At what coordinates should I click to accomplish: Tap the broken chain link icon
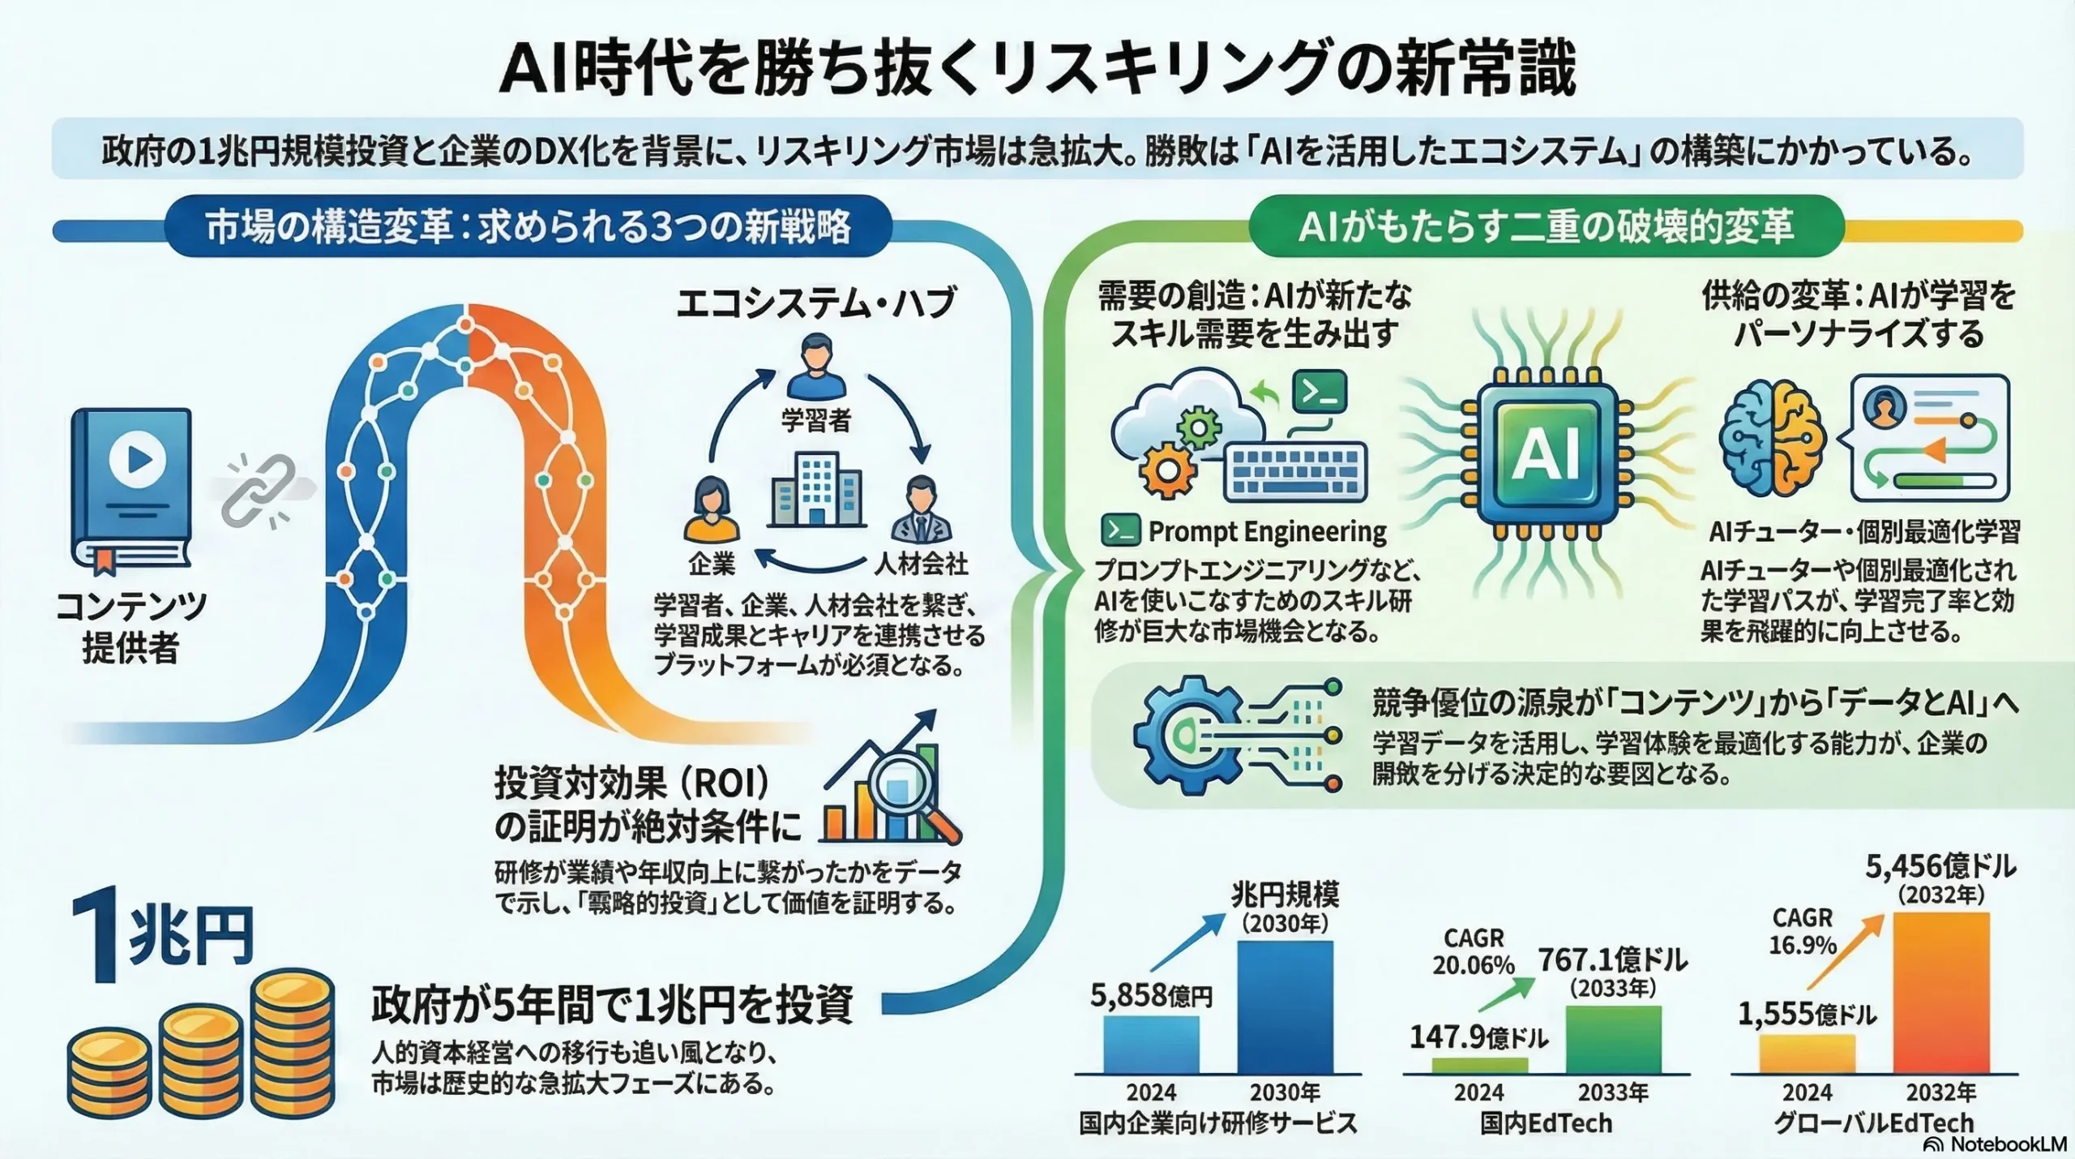click(259, 488)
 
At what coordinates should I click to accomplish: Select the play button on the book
click(137, 460)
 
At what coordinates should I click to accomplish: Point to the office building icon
click(815, 487)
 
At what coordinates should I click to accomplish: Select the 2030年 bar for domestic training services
click(1285, 1007)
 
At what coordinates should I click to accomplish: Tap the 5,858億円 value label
click(1151, 995)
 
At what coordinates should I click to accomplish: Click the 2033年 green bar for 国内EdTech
click(1613, 1039)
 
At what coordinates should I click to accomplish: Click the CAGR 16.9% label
click(1802, 931)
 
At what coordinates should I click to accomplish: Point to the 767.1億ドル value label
click(1613, 961)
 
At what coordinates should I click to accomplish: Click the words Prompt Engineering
click(1267, 532)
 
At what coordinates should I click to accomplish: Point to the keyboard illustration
click(1294, 471)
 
